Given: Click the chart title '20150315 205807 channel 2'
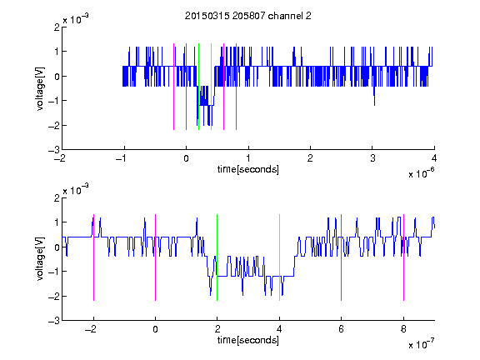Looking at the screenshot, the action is [x=248, y=16].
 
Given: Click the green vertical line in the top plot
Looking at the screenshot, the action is [x=198, y=87].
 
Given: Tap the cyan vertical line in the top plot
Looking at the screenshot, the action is [x=211, y=87].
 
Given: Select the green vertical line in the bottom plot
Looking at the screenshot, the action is [x=217, y=257].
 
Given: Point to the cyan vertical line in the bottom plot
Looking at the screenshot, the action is [x=279, y=257].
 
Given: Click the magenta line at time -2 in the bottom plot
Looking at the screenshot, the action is [x=93, y=257].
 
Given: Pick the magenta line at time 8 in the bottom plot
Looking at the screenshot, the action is [x=404, y=257].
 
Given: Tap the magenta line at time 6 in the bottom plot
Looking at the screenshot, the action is [x=342, y=257].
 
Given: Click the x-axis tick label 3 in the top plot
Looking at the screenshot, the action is [x=372, y=158].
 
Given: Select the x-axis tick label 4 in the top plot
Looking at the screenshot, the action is [x=434, y=158].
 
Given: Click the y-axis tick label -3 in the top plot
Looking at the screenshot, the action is [x=54, y=150].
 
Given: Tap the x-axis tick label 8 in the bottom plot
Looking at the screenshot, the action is [x=404, y=329].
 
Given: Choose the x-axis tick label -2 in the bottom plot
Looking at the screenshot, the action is [x=91, y=329].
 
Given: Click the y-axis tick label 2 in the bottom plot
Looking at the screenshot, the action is [x=57, y=197].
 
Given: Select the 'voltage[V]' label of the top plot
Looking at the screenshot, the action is [x=40, y=88].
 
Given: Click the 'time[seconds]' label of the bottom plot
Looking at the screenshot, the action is [x=248, y=340].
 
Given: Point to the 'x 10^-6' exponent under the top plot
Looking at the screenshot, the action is [x=421, y=173].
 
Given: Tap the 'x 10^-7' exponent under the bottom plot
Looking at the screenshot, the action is [x=421, y=344].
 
